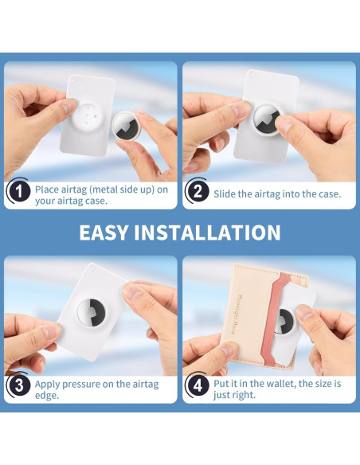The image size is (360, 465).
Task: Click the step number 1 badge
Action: [19, 191]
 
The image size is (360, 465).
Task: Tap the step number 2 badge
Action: [198, 191]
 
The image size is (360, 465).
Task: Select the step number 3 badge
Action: [19, 385]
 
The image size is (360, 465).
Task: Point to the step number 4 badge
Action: [198, 385]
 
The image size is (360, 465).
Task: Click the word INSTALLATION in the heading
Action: [208, 232]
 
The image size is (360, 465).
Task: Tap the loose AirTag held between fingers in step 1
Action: [126, 127]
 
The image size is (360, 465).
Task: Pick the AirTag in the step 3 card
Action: [91, 313]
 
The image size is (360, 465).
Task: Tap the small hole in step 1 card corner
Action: [72, 78]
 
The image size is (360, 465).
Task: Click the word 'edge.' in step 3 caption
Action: [47, 396]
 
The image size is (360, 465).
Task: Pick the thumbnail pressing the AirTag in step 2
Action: [284, 125]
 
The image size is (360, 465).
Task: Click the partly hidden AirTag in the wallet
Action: [284, 322]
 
